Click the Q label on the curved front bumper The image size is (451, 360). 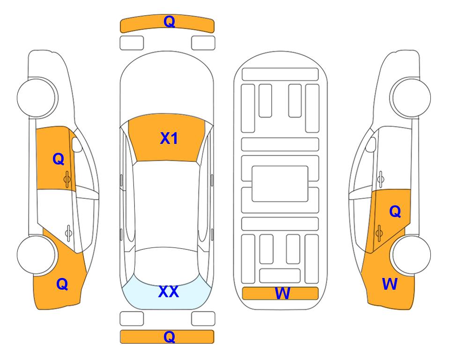pyautogui.click(x=169, y=22)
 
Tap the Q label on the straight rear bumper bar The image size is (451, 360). pyautogui.click(x=169, y=337)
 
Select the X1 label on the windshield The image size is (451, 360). pyautogui.click(x=169, y=138)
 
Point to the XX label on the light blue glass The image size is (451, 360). pyautogui.click(x=169, y=292)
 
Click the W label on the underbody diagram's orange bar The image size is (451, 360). pyautogui.click(x=282, y=293)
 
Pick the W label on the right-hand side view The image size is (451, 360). pyautogui.click(x=390, y=284)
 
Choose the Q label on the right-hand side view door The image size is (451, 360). pyautogui.click(x=395, y=212)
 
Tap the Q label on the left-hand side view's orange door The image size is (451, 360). pyautogui.click(x=59, y=159)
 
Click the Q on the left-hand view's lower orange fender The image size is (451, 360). pyautogui.click(x=62, y=284)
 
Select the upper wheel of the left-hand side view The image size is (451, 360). pyautogui.click(x=37, y=97)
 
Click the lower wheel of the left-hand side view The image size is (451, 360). pyautogui.click(x=36, y=255)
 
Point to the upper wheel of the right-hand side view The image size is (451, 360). pyautogui.click(x=411, y=97)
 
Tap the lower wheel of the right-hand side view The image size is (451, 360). pyautogui.click(x=411, y=255)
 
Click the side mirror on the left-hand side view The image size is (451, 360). pyautogui.click(x=76, y=144)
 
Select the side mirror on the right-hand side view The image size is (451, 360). pyautogui.click(x=371, y=144)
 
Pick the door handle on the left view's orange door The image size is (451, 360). pyautogui.click(x=67, y=179)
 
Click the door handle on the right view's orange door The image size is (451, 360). pyautogui.click(x=379, y=233)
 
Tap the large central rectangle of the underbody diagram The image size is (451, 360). pyautogui.click(x=280, y=184)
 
